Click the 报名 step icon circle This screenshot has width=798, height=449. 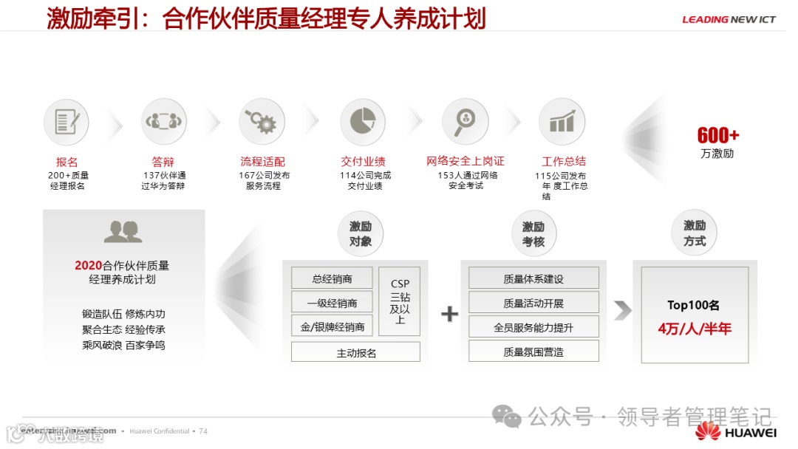66,122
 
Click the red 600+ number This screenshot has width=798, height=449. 717,136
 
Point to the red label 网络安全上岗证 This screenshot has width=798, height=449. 465,161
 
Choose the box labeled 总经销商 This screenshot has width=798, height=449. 332,278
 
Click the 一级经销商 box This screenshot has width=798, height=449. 332,302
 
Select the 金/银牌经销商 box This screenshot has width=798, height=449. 332,326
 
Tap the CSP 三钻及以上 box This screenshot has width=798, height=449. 400,301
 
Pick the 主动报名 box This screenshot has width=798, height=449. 355,352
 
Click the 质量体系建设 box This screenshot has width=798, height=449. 533,278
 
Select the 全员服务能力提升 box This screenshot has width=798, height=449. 533,326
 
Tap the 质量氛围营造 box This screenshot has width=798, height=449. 533,352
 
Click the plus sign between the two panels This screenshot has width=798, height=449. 449,314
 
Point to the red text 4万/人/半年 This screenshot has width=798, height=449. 694,329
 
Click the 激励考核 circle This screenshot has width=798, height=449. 533,234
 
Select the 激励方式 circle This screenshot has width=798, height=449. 694,233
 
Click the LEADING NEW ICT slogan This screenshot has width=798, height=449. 729,20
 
